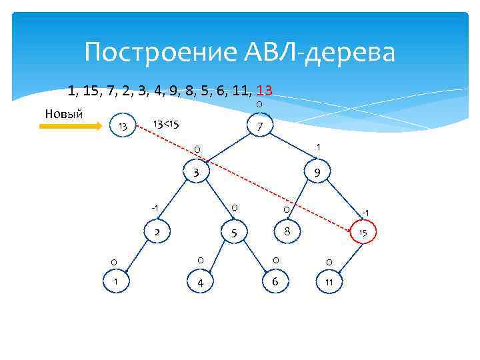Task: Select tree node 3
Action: pos(196,173)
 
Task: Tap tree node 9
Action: pos(317,173)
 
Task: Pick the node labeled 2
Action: pos(157,233)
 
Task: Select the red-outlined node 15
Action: pos(363,233)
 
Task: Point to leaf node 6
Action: pos(275,282)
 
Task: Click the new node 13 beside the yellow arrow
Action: pos(122,127)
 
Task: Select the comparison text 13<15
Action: pos(166,124)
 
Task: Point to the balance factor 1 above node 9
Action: pos(319,147)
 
